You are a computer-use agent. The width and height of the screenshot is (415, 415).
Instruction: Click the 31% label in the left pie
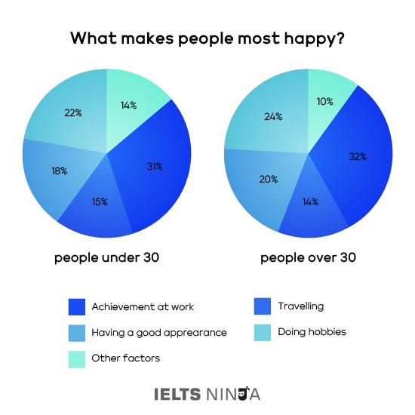(155, 166)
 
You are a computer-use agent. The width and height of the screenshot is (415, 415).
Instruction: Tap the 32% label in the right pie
(357, 157)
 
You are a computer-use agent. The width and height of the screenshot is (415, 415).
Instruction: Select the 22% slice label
(73, 112)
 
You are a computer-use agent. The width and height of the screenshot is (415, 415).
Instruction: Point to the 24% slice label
(273, 116)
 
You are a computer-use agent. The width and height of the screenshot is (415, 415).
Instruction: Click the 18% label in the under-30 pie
(60, 171)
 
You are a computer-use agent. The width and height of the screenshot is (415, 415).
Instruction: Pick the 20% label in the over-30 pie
(269, 180)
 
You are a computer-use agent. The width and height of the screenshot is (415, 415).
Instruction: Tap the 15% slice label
(99, 201)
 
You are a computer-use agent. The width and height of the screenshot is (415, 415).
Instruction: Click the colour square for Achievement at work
(76, 307)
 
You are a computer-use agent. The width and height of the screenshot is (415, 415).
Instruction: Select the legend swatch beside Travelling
(262, 306)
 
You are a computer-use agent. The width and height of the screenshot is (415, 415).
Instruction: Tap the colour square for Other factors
(76, 358)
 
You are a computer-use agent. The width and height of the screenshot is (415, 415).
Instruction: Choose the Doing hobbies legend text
(312, 331)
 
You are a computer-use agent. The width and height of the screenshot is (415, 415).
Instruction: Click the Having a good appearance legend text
(158, 332)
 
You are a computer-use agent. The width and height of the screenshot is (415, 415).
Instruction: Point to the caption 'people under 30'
(106, 258)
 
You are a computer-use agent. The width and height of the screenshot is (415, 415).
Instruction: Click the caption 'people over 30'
(308, 258)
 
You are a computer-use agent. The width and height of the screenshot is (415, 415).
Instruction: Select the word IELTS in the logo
(177, 394)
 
